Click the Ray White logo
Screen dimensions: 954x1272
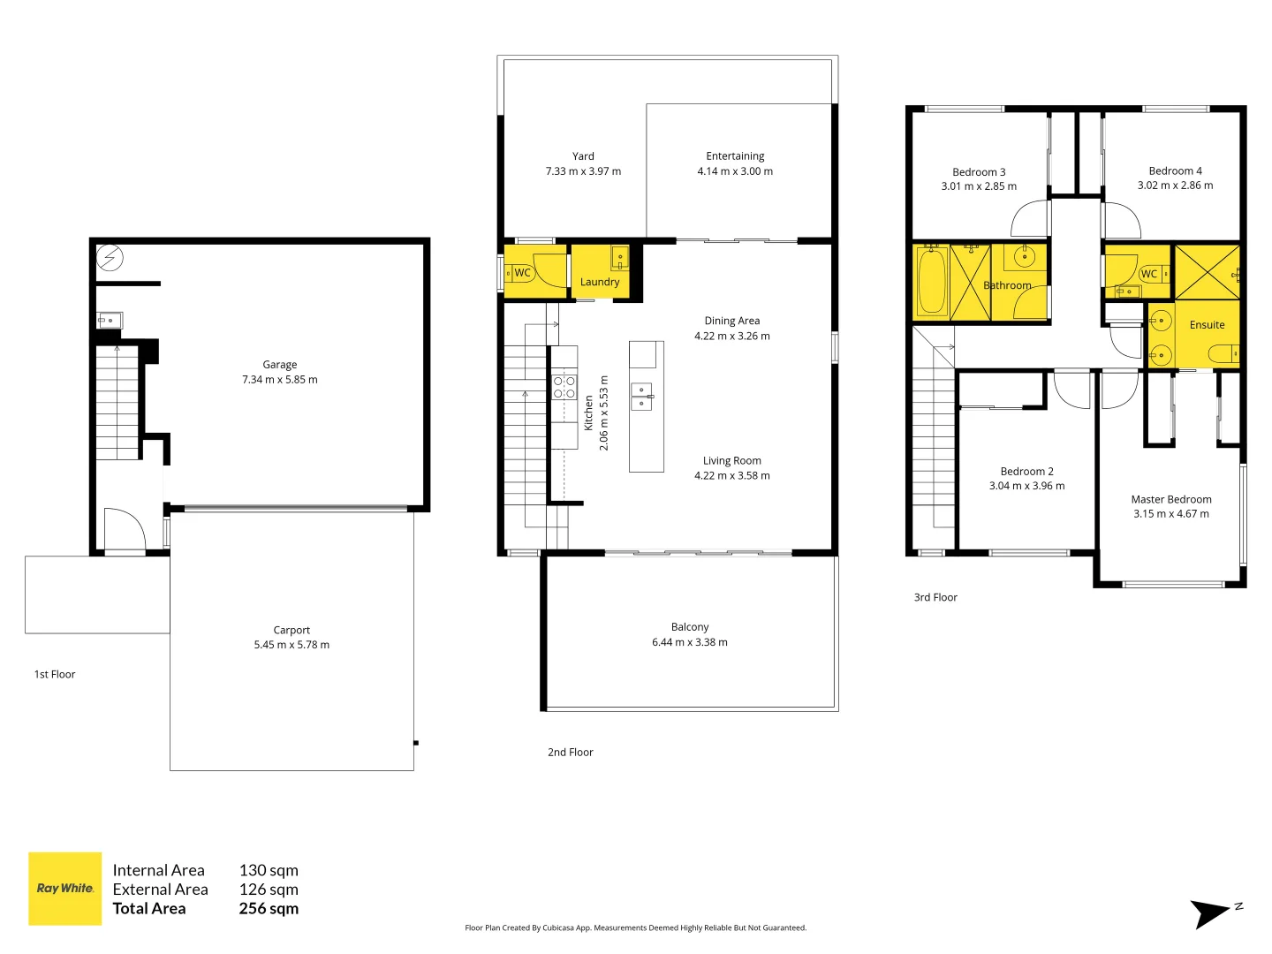65,889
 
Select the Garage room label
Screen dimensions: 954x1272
279,365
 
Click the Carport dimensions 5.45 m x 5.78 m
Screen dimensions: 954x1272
291,645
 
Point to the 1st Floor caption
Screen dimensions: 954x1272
55,674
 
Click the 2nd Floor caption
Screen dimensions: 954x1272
570,753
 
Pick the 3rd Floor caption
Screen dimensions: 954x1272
935,597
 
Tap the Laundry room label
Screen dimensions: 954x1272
600,282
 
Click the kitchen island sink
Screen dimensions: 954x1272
641,397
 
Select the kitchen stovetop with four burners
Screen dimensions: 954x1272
564,387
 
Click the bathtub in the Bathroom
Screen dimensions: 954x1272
931,283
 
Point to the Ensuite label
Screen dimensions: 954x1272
1207,325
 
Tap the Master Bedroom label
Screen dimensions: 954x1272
1171,499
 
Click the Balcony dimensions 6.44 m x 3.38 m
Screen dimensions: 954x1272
690,642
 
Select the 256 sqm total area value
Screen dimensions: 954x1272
269,908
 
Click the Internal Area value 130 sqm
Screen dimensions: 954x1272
269,870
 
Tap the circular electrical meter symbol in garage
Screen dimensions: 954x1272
110,258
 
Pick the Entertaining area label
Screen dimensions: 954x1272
735,156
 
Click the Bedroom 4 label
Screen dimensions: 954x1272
1175,170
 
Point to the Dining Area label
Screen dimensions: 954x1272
731,321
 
